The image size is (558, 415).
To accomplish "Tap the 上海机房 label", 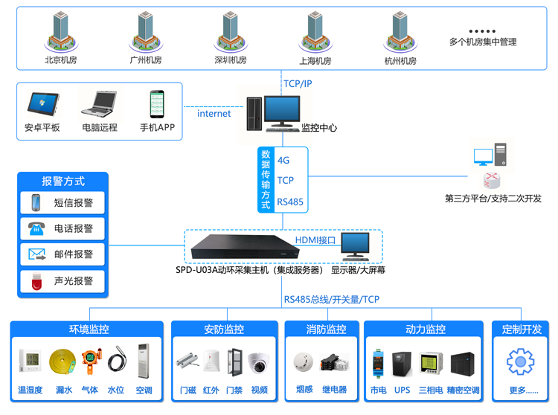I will [x=315, y=61].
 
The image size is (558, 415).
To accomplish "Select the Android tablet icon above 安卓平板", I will [x=42, y=103].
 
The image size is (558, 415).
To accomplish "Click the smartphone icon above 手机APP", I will [x=156, y=103].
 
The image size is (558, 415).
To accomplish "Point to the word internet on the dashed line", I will [x=214, y=114].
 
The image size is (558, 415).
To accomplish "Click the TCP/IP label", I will [x=298, y=83].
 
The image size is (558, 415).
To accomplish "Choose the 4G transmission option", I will [x=283, y=160].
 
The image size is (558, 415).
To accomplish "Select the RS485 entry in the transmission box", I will [x=289, y=202].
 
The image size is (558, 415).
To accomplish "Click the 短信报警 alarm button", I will [x=62, y=202].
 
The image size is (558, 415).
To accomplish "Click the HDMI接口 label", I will [x=315, y=240].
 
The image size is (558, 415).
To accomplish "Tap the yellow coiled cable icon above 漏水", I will [x=62, y=361].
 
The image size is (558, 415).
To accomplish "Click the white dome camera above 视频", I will [x=258, y=362].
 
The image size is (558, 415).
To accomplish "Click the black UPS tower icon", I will [x=403, y=362].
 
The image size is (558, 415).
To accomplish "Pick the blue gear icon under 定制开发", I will [x=520, y=362].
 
